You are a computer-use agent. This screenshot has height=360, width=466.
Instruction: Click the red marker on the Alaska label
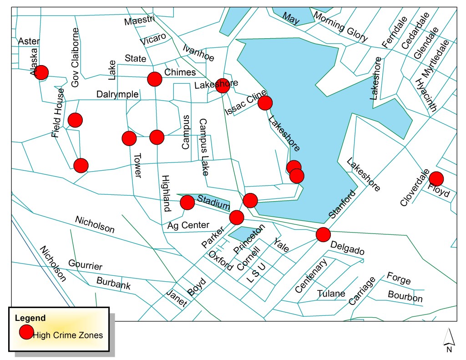41,72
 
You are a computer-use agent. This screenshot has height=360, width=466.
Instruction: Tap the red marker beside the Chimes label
155,79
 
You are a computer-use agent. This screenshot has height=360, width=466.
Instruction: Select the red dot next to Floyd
436,178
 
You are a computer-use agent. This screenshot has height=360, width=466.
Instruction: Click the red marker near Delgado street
323,234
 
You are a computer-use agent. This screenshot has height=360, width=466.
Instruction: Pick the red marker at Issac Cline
265,103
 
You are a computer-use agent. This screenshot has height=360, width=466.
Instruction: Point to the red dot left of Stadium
187,202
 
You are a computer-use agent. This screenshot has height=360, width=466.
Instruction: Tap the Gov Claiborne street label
76,57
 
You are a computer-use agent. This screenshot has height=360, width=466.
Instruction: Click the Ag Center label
188,225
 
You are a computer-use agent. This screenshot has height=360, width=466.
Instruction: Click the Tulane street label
331,294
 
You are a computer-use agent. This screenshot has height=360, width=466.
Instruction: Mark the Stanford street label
341,204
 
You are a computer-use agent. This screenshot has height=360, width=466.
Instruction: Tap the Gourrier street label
85,265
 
